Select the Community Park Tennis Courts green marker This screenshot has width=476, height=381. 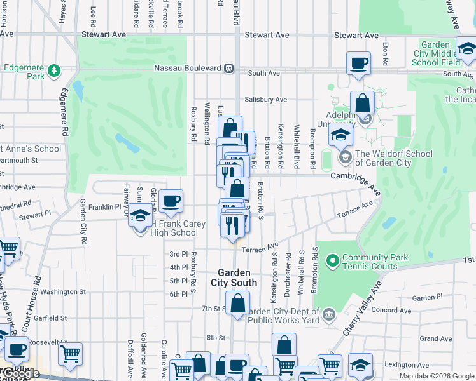click(x=332, y=260)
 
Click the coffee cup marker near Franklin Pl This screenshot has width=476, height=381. click(x=171, y=202)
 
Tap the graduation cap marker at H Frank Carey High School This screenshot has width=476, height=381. click(x=141, y=217)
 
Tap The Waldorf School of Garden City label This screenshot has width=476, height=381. click(x=393, y=157)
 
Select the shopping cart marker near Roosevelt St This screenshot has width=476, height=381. click(x=70, y=352)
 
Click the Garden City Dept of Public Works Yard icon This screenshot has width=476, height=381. click(x=329, y=312)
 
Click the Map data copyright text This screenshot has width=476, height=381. click(x=436, y=376)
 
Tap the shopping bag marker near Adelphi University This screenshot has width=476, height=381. click(x=362, y=103)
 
